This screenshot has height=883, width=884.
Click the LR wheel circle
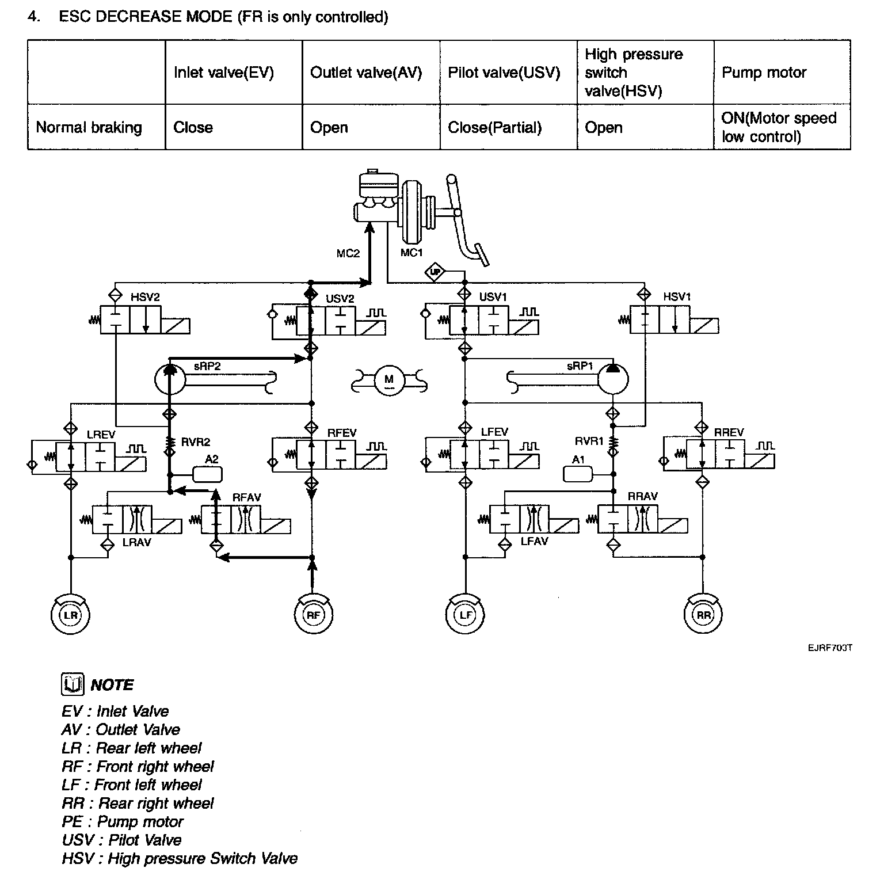(70, 615)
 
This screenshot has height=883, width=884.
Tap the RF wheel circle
(313, 615)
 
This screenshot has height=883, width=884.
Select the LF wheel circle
(466, 615)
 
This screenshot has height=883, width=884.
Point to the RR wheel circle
(703, 615)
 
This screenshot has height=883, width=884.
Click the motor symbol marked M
(389, 379)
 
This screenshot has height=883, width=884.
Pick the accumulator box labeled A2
(207, 474)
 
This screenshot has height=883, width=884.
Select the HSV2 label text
(145, 297)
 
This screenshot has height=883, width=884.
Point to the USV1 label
(493, 297)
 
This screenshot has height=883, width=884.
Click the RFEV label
(342, 433)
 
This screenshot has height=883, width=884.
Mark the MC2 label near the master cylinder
(348, 253)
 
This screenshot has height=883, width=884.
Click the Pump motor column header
(764, 73)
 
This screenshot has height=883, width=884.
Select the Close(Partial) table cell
(495, 127)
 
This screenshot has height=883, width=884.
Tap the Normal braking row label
(89, 127)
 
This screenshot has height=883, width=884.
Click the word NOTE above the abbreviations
(112, 685)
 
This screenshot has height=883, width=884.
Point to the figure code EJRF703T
(829, 648)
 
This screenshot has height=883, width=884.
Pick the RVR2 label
(196, 442)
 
